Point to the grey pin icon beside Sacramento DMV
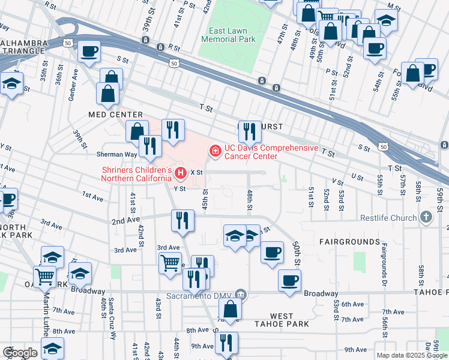click(241, 295)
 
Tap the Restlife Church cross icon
click(426, 217)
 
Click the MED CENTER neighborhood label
click(115, 115)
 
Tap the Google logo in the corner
click(19, 353)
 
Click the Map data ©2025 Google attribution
click(412, 355)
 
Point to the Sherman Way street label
click(119, 154)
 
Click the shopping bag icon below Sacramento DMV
click(229, 310)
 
